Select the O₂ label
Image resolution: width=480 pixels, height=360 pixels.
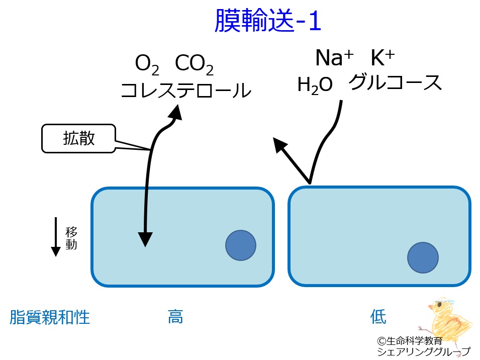pyautogui.click(x=147, y=64)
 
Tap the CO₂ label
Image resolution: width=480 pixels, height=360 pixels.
pyautogui.click(x=195, y=64)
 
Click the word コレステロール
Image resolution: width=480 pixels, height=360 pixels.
pyautogui.click(x=186, y=91)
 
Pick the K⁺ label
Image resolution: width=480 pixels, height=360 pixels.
pyautogui.click(x=382, y=58)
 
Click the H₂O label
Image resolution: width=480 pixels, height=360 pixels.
pyautogui.click(x=315, y=84)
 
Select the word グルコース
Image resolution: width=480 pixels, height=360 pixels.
pyautogui.click(x=395, y=82)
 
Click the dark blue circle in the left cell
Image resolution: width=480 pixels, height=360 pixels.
pyautogui.click(x=240, y=245)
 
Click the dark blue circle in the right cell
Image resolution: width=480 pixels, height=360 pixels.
pyautogui.click(x=423, y=257)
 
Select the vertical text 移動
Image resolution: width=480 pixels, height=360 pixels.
pyautogui.click(x=71, y=238)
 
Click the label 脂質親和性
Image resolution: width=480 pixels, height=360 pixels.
pyautogui.click(x=50, y=317)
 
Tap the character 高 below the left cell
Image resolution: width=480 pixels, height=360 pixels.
pyautogui.click(x=175, y=317)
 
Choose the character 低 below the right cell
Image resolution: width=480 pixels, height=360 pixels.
pyautogui.click(x=378, y=317)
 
